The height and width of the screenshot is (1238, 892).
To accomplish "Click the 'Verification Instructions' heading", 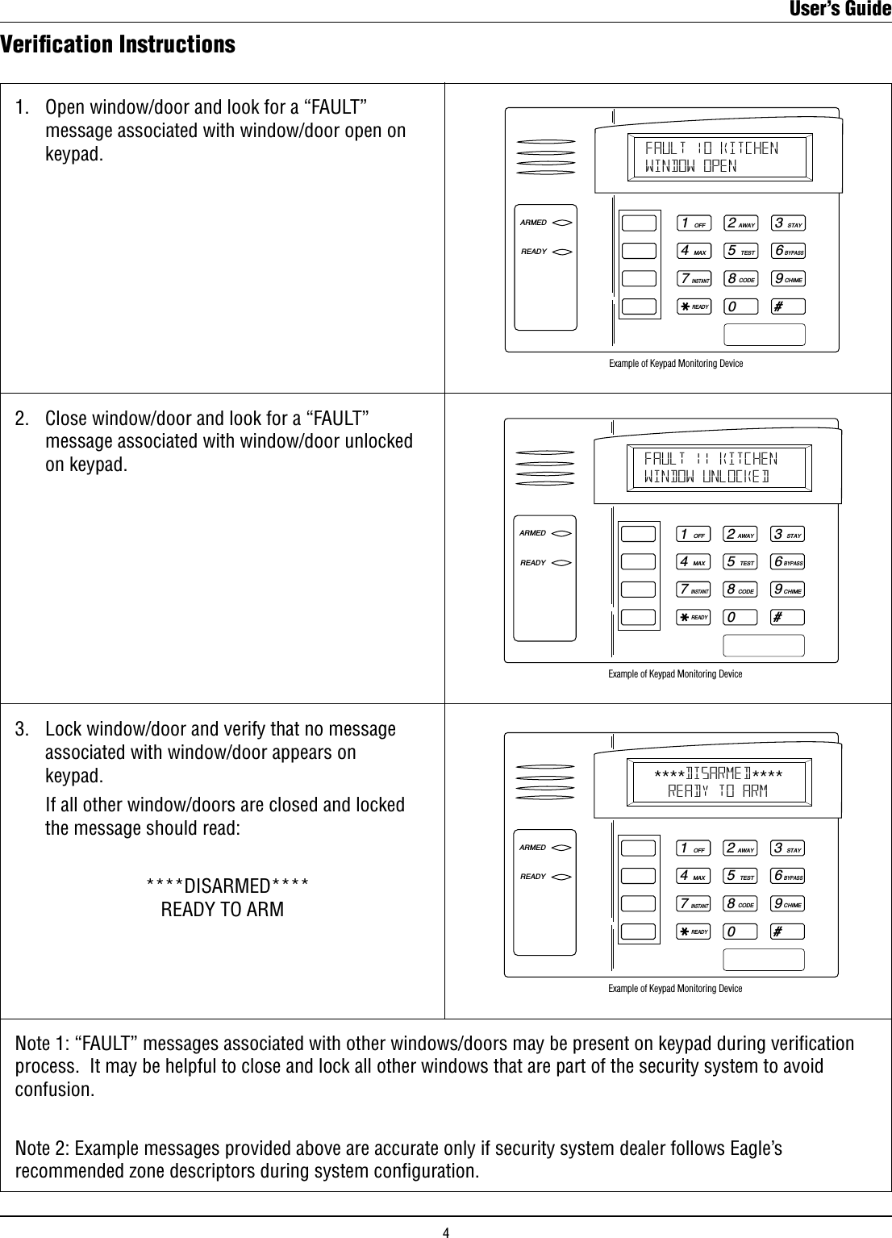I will pos(118,44).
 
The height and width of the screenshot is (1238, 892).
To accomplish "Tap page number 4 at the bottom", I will pos(445,1232).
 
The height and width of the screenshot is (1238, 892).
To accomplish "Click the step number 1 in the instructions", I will pos(23,108).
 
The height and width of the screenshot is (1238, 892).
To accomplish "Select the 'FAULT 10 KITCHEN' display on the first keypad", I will pos(711,148).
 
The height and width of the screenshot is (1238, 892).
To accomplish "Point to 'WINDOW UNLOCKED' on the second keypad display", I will pos(707,477).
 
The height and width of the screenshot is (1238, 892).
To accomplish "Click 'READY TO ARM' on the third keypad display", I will pos(718,791).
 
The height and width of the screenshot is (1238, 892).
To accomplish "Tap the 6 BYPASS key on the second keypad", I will pos(788,562).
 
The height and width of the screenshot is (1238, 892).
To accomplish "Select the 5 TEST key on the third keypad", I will pos(740,877).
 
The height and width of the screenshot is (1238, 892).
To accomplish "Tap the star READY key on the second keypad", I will pos(693,617).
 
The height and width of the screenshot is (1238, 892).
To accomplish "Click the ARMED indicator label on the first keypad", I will pos(533,223).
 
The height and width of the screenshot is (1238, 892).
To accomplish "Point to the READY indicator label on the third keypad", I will pos(532,876).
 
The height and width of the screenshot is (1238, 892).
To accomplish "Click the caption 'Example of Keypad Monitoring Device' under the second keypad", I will pos(675,674).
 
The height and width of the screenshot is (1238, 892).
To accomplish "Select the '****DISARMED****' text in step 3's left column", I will pos(227,886).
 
